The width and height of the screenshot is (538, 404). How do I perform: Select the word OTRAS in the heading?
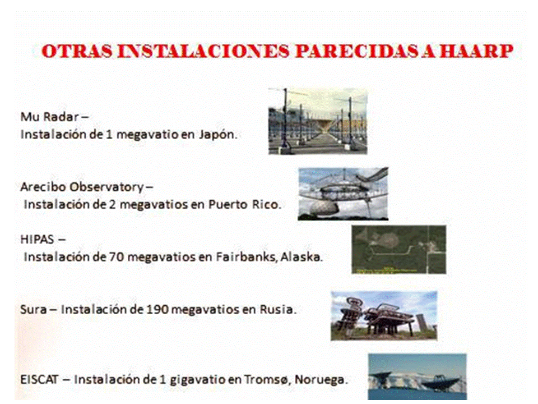click(x=77, y=51)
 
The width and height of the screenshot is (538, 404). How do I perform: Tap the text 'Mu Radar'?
click(x=50, y=117)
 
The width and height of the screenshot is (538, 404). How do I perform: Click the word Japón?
click(x=218, y=134)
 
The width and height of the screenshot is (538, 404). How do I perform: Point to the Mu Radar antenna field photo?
click(x=318, y=121)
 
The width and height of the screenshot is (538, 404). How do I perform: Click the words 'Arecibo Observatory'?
click(x=82, y=187)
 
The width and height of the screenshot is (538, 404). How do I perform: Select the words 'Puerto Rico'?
click(x=245, y=204)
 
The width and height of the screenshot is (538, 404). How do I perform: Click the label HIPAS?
click(x=38, y=239)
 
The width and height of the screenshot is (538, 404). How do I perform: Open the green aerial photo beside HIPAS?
click(x=399, y=249)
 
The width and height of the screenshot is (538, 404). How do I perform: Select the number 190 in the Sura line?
click(x=157, y=310)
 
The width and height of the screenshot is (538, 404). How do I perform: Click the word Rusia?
click(x=278, y=310)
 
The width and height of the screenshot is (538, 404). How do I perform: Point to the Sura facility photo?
click(x=384, y=316)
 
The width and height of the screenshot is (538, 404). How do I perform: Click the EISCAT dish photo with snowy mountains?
click(x=417, y=377)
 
